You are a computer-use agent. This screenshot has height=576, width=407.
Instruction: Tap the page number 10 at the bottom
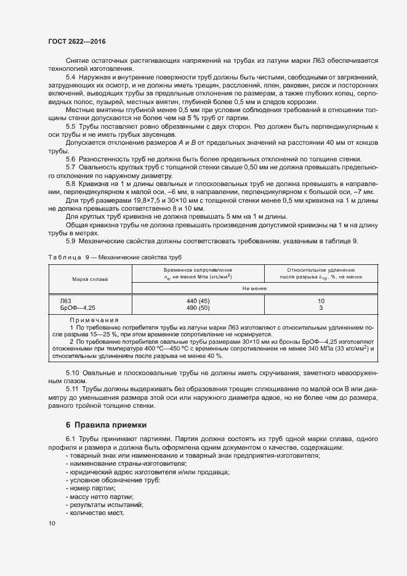(51, 523)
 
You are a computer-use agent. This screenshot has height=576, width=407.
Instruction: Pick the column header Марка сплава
(90, 279)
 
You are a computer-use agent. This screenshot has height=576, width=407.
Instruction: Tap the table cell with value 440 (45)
(198, 301)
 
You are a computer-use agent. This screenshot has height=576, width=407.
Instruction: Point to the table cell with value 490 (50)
(198, 307)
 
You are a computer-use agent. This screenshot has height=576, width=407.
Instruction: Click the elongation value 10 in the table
(321, 301)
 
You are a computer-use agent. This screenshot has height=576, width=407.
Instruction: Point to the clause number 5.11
(72, 390)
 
